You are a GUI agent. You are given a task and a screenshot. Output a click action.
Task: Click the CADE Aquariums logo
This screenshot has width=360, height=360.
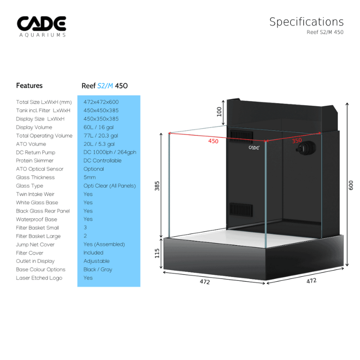pyautogui.click(x=41, y=27)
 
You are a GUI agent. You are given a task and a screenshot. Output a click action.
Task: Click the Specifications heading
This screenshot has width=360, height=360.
pyautogui.click(x=306, y=22)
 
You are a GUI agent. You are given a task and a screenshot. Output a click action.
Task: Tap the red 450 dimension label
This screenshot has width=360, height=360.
pyautogui.click(x=213, y=141)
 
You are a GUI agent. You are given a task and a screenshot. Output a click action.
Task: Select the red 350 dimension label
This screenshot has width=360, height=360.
pyautogui.click(x=297, y=140)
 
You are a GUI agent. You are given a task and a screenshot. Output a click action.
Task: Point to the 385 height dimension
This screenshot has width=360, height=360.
pyautogui.click(x=157, y=186)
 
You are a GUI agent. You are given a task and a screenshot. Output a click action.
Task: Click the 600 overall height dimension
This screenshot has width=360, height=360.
pyautogui.click(x=351, y=185)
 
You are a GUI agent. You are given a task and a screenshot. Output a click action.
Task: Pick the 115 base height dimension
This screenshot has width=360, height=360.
pyautogui.click(x=157, y=253)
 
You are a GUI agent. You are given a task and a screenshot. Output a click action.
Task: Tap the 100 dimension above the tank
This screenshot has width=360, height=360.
pyautogui.click(x=219, y=112)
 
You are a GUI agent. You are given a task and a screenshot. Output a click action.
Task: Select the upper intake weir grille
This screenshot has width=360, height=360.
pyautogui.click(x=241, y=136)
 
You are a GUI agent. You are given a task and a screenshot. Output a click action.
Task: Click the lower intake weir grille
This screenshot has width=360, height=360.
pyautogui.click(x=241, y=210)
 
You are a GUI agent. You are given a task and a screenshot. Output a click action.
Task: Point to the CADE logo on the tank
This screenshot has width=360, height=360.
pyautogui.click(x=254, y=148)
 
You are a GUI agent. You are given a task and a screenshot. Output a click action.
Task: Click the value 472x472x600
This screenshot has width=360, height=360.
pyautogui.click(x=101, y=102)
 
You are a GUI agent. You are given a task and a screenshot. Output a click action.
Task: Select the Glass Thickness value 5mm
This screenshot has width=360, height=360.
pyautogui.click(x=90, y=177)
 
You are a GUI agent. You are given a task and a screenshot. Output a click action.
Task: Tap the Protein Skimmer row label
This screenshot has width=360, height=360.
pyautogui.click(x=35, y=161)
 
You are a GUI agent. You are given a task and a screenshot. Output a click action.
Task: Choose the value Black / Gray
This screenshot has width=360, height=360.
pyautogui.click(x=98, y=270)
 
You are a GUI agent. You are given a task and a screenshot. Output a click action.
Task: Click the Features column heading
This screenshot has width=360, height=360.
pyautogui.click(x=29, y=85)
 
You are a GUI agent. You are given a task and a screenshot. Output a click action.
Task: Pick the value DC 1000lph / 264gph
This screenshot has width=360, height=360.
pyautogui.click(x=110, y=152)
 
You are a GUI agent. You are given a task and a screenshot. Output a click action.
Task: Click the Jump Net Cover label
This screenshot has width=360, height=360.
pyautogui.click(x=35, y=244)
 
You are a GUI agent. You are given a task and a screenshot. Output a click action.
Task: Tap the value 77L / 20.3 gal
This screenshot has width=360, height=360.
pyautogui.click(x=101, y=136)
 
